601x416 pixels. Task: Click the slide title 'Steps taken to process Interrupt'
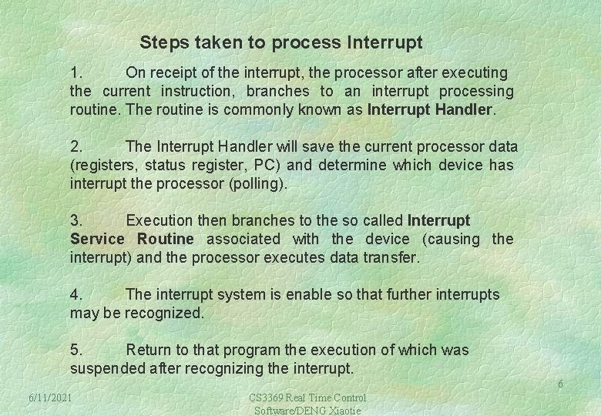click(281, 41)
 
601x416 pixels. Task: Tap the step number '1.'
click(77, 73)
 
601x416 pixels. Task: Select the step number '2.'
click(77, 146)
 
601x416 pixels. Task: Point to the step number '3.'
click(77, 221)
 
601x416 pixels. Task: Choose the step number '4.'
click(77, 294)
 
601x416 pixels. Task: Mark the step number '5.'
click(77, 350)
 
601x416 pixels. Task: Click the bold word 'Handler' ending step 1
click(462, 109)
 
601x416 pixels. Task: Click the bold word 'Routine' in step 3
click(166, 239)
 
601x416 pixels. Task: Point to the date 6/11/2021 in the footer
click(50, 398)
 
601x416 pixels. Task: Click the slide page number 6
click(560, 384)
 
